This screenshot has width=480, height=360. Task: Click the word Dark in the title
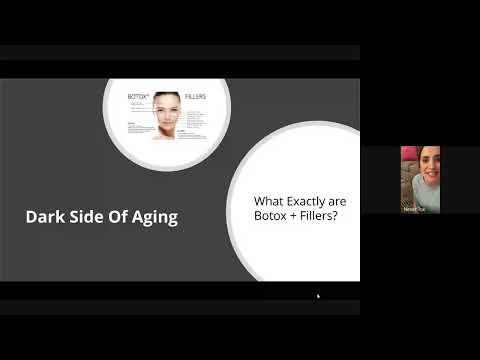click(44, 216)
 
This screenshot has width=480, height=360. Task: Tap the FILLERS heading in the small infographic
click(200, 98)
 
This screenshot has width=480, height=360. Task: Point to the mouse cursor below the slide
click(318, 296)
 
